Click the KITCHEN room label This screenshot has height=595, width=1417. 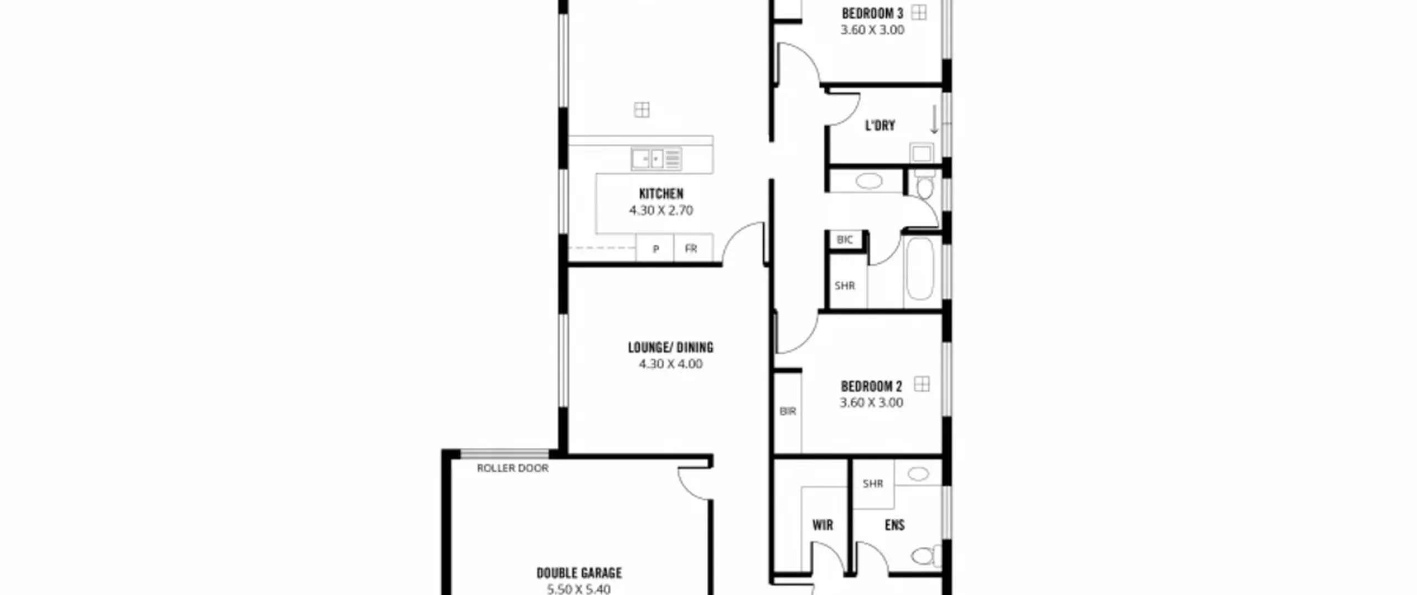coord(661,194)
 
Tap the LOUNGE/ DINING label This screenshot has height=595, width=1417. coord(670,348)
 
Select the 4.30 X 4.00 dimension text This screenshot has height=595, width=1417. coord(670,364)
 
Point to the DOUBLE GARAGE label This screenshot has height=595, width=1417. coord(579,573)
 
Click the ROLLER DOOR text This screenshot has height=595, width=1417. coord(513,468)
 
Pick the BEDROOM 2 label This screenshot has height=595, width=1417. coord(871,386)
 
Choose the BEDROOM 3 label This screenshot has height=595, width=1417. coord(872,13)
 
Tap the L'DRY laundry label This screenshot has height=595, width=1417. coord(880,126)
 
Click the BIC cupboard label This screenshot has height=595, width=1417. coord(845,240)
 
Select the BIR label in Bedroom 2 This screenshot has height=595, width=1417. coord(788,411)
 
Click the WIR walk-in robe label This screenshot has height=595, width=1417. coord(823,525)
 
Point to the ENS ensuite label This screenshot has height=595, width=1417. coord(894,525)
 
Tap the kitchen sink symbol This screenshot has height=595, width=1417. coord(656,159)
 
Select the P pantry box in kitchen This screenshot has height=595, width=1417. coord(655,248)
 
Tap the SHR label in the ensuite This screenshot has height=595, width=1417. coord(873,484)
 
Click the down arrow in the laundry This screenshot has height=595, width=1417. coord(934,120)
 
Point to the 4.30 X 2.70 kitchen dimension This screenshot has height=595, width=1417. coord(661,210)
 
